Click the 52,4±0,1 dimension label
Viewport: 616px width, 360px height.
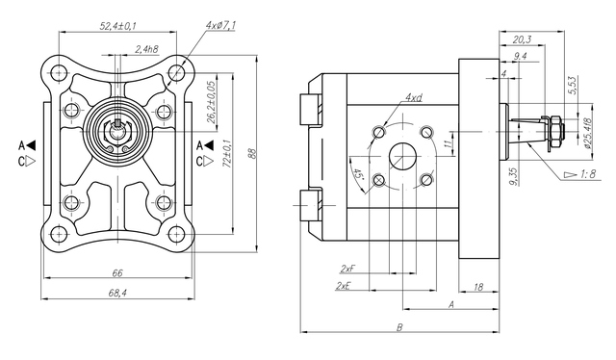(117, 26)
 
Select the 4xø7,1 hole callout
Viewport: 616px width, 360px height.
(220, 26)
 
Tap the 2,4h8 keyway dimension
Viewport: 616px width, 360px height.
(146, 49)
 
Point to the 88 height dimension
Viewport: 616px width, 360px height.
(253, 153)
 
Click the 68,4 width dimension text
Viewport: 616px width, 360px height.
(117, 293)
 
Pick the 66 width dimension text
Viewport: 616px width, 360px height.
(117, 272)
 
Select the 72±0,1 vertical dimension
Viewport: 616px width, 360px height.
(227, 153)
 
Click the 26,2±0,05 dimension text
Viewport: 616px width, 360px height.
(212, 102)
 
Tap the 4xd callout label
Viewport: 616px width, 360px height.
(414, 97)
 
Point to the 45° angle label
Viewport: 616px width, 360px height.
(358, 174)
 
